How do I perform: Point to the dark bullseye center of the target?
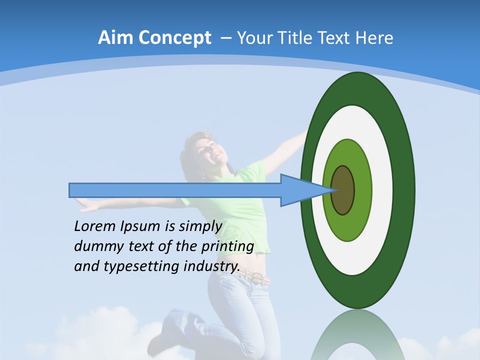pyautogui.click(x=343, y=190)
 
